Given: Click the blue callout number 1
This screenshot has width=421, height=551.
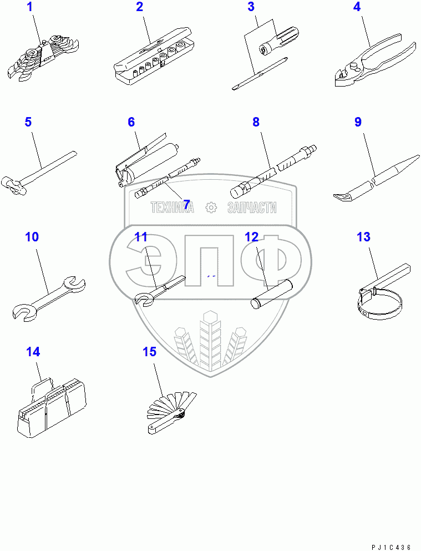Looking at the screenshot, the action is pos(30,7).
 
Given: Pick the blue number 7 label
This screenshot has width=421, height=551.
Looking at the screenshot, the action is pos(186,204).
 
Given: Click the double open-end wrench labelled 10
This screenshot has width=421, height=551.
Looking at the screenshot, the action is pos(49,299).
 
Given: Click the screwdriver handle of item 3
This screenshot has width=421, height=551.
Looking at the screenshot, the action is pos(279,41).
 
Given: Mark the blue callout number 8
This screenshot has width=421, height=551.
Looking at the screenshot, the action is pos(256,122).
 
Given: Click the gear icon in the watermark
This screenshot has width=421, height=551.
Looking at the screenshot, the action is pos(211,208).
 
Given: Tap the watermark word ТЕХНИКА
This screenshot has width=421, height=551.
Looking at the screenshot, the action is pos(173,208).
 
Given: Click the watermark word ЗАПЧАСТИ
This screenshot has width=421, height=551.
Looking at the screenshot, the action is pos(252,208).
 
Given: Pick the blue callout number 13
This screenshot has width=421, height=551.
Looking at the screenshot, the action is pos(363,237).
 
